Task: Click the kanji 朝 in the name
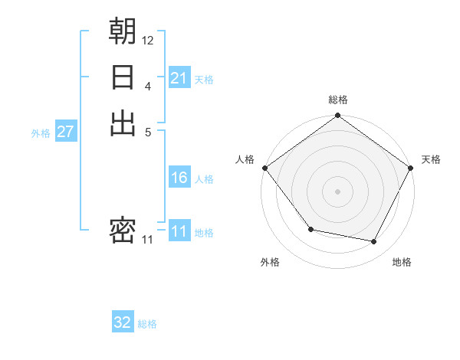point(123,31)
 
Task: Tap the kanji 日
point(123,77)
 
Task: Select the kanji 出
point(123,123)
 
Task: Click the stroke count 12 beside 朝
point(148,40)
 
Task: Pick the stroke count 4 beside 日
point(148,86)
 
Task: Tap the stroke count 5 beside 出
point(148,132)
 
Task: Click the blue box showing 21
point(179,78)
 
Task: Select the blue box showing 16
point(179,178)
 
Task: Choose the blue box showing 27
point(66,132)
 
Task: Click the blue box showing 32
point(123,322)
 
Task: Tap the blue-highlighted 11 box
point(179,232)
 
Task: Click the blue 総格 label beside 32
point(147,324)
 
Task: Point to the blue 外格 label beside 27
point(41,133)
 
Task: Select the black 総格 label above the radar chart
point(338,100)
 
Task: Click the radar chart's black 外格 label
point(270,263)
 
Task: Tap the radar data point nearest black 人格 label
point(264,168)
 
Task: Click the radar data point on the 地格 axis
point(374,242)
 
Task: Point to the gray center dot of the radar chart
point(338,191)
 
